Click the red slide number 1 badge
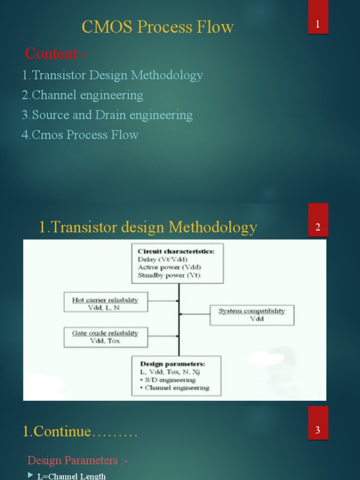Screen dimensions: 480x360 [x=318, y=24]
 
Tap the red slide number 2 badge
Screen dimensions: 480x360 [x=318, y=227]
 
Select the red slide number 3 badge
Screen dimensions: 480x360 [x=318, y=430]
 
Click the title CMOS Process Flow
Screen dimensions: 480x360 [x=157, y=27]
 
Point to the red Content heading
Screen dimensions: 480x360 [x=56, y=54]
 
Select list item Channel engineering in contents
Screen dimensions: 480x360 [x=82, y=95]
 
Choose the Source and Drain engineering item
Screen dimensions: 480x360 [x=107, y=115]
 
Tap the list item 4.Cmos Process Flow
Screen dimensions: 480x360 [x=80, y=135]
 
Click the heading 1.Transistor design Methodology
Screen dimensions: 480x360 [x=148, y=227]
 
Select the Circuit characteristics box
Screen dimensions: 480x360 [x=178, y=263]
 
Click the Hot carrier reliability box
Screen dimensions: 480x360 [x=105, y=302]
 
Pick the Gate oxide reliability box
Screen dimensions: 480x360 [x=105, y=337]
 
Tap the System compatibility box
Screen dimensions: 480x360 [x=252, y=315]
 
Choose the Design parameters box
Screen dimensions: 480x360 [x=176, y=375]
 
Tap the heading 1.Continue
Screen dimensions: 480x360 [x=80, y=431]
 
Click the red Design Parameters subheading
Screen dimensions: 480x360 [x=78, y=460]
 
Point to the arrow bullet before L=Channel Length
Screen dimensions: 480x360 [x=30, y=476]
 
